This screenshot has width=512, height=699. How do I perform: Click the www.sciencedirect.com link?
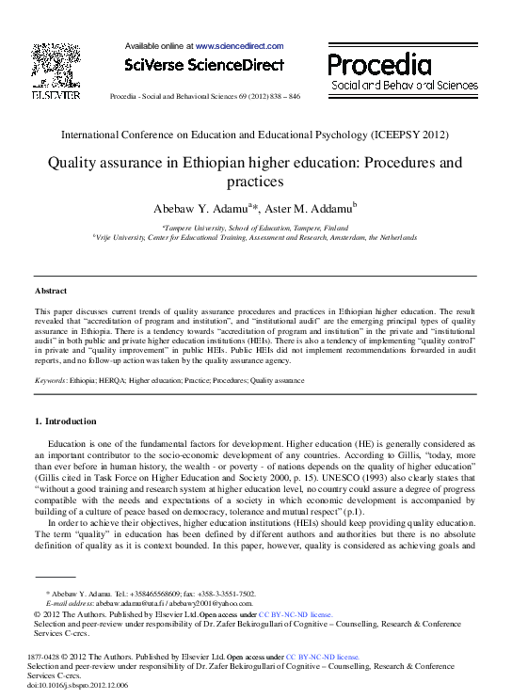pyautogui.click(x=239, y=45)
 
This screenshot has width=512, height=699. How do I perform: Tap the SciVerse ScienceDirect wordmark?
pyautogui.click(x=203, y=65)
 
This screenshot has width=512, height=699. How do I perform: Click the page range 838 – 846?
pyautogui.click(x=282, y=97)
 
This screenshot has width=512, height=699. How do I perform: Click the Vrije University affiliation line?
pyautogui.click(x=255, y=238)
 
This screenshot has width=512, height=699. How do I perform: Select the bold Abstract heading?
pyautogui.click(x=51, y=292)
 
